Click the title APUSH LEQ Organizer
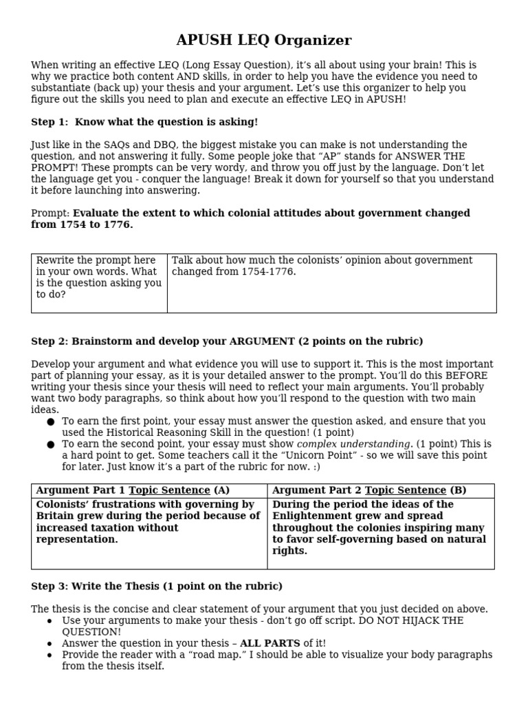264,40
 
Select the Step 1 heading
144,122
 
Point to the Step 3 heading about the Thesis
157,586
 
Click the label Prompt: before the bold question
50,213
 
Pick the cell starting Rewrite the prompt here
99,277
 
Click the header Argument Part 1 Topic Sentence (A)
132,490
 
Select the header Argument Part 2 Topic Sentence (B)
369,490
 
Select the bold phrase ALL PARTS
269,643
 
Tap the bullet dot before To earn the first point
50,421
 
